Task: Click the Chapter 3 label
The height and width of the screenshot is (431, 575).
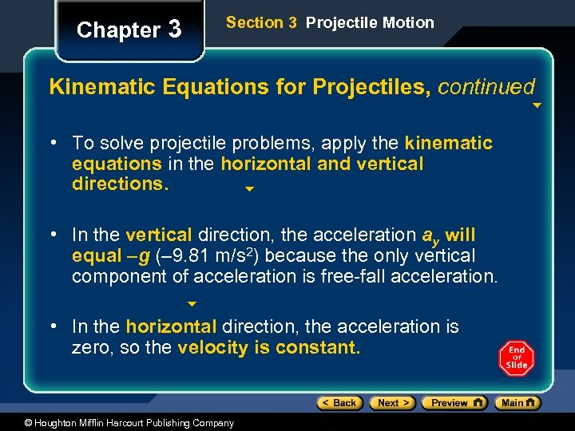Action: tap(129, 30)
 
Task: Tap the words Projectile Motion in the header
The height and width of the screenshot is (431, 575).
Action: tap(370, 23)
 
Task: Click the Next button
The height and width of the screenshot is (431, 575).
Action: tap(393, 403)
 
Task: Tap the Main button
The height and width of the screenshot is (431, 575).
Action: tap(517, 403)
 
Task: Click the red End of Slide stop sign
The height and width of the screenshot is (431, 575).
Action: tap(516, 358)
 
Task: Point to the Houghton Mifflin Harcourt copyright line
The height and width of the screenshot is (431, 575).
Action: tap(117, 423)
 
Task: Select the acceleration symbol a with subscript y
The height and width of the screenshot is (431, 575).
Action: tap(430, 236)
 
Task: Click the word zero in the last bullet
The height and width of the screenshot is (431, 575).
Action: tap(90, 348)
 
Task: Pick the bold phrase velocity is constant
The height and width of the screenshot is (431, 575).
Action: tap(269, 348)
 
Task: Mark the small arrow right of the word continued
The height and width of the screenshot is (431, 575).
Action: tap(537, 105)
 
